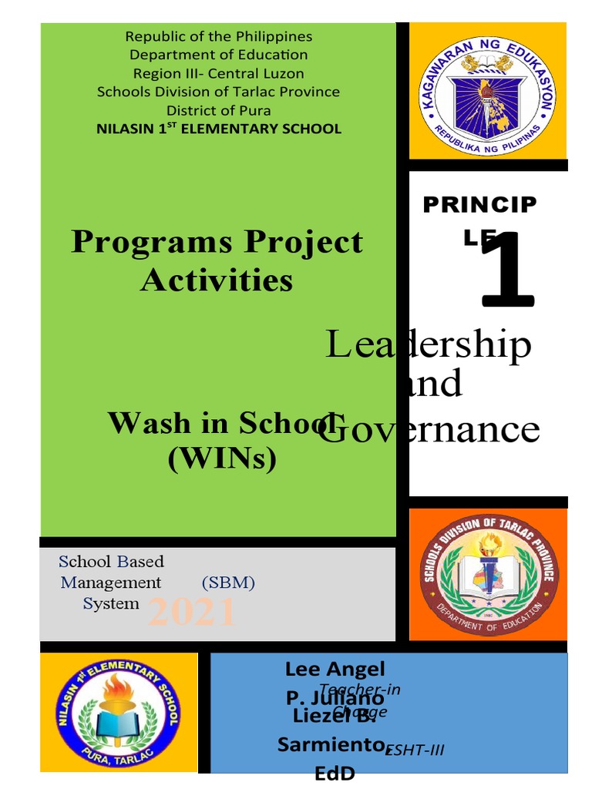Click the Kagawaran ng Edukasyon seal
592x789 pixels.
pyautogui.click(x=487, y=92)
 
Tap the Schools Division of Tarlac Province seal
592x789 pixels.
pyautogui.click(x=487, y=574)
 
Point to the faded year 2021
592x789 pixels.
pyautogui.click(x=191, y=613)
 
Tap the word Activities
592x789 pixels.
pyautogui.click(x=217, y=280)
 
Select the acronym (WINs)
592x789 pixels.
pyautogui.click(x=221, y=459)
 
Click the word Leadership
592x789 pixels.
pyautogui.click(x=429, y=344)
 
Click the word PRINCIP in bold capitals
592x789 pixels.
pyautogui.click(x=479, y=205)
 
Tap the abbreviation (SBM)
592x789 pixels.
pyautogui.click(x=228, y=583)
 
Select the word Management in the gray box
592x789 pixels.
pyautogui.click(x=111, y=583)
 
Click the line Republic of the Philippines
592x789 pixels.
pyautogui.click(x=219, y=36)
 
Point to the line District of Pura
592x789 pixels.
pyautogui.click(x=219, y=110)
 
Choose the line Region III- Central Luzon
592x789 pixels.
pyautogui.click(x=219, y=73)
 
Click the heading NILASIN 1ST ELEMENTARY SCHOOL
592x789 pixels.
pyautogui.click(x=219, y=129)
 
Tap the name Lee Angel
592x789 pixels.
pyautogui.click(x=335, y=669)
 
